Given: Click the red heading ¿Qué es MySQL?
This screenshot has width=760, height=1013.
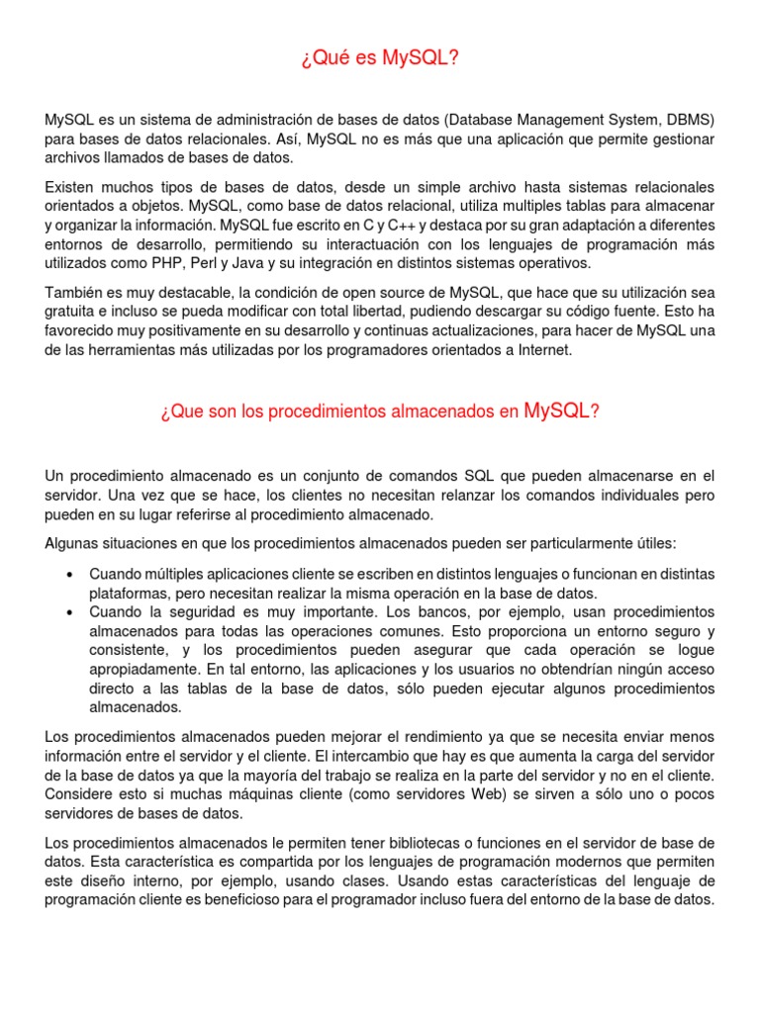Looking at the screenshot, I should click(x=380, y=60).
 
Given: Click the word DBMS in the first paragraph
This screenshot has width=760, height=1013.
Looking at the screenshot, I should click(x=691, y=120).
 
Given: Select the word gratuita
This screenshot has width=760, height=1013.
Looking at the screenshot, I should click(x=72, y=312).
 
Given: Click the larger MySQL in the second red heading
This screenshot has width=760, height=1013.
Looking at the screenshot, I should click(x=556, y=411).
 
